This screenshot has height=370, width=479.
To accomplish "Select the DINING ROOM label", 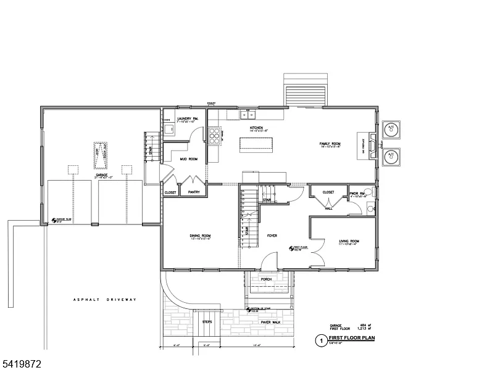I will (x=200, y=236).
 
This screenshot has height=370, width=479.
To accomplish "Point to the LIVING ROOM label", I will (x=349, y=240).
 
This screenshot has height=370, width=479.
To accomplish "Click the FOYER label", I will (x=272, y=236).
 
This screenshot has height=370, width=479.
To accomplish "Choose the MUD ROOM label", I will (x=188, y=158).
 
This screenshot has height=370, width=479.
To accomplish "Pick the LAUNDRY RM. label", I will (x=186, y=118).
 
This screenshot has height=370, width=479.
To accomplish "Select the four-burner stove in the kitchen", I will (x=214, y=135).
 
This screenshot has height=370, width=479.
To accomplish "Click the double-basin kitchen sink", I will (x=248, y=114).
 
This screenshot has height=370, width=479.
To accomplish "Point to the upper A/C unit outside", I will (x=390, y=129).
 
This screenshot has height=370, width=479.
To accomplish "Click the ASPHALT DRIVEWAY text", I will (x=104, y=300).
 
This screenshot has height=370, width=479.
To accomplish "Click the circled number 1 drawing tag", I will (x=320, y=340).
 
